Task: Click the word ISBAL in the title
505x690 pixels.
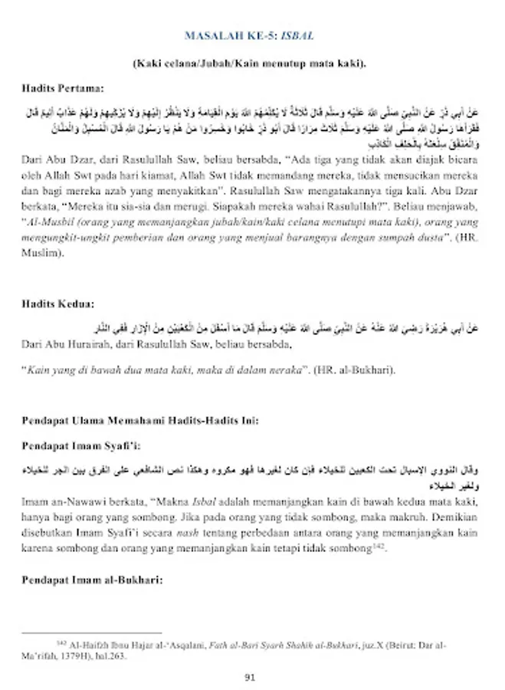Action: [297, 36]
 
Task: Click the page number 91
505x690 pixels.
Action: [250, 677]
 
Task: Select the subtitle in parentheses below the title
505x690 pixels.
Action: [249, 63]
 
